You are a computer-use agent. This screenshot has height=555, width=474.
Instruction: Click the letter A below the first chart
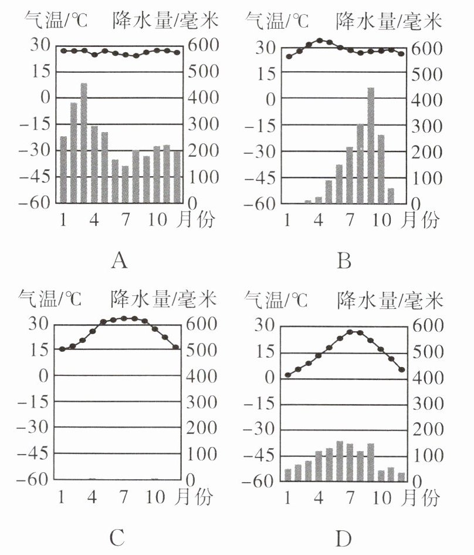pos(119,260)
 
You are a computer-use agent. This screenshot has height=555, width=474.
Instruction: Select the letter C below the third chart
pos(117,536)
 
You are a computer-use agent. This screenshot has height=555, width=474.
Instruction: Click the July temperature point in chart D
pos(351,332)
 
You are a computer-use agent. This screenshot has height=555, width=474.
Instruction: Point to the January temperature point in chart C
pos(62,349)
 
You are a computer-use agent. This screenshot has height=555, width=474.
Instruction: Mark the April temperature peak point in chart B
pos(320,41)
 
